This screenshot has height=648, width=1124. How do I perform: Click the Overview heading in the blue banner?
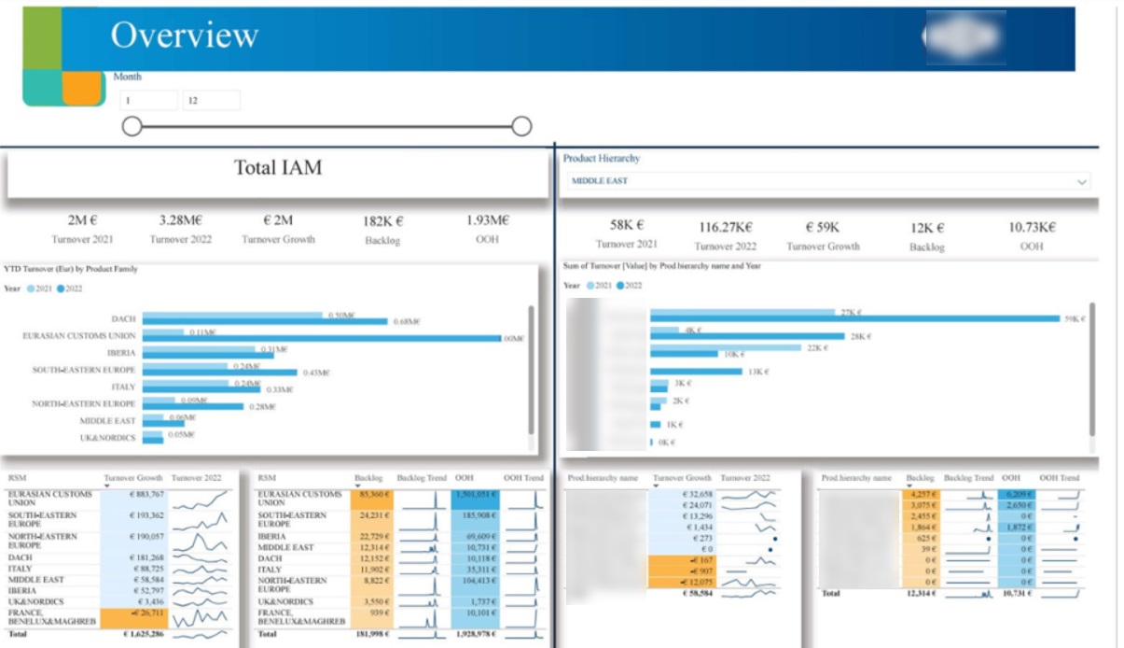[184, 35]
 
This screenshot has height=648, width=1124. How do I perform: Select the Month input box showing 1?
[147, 101]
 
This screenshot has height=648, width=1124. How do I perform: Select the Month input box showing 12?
[211, 101]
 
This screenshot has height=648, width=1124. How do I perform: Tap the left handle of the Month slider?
[132, 126]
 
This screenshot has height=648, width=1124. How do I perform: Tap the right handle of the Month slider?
[521, 126]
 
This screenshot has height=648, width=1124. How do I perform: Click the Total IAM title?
[277, 168]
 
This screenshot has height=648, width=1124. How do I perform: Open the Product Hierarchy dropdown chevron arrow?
[1081, 181]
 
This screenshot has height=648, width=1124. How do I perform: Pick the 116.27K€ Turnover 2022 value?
[727, 227]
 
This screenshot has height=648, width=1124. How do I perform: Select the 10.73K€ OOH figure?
[1031, 227]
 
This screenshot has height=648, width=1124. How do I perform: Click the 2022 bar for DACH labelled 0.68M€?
[265, 322]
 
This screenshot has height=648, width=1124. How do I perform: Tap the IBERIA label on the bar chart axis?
[121, 353]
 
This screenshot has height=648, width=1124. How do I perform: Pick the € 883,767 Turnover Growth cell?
[136, 495]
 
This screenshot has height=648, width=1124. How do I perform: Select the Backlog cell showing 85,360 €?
[374, 495]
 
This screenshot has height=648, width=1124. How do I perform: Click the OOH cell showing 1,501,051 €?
[475, 495]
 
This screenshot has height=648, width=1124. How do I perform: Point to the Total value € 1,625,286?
[138, 634]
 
